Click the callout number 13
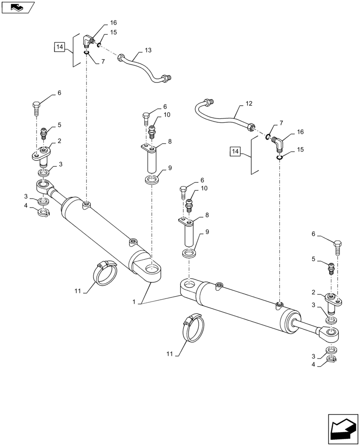[x=148, y=50]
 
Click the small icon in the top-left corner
[x=17, y=7]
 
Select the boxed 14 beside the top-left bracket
[x=60, y=46]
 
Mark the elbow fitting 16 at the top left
[x=88, y=42]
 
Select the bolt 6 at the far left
[x=37, y=107]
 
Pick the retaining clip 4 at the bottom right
[x=331, y=359]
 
